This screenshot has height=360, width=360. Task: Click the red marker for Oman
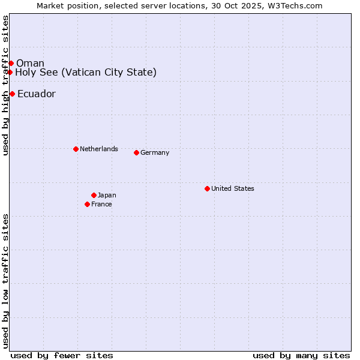(x=11, y=63)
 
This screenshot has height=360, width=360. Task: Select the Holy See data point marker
(x=10, y=72)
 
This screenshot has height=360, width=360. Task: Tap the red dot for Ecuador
(x=12, y=94)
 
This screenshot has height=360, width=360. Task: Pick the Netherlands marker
(x=76, y=149)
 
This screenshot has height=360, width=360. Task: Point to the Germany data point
(x=136, y=152)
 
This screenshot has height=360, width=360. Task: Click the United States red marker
(x=207, y=188)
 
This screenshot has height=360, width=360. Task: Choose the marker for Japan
(x=94, y=195)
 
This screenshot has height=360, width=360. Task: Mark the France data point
(x=87, y=204)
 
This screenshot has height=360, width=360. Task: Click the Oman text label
(x=30, y=64)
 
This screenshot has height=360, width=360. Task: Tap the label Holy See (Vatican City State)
(x=86, y=73)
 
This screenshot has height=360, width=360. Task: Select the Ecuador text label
(x=37, y=94)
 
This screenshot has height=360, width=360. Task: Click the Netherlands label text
(x=99, y=149)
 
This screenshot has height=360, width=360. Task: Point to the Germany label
(x=155, y=152)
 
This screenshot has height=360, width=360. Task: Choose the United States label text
(x=233, y=188)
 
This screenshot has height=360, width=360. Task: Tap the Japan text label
(x=107, y=195)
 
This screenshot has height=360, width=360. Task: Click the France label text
(x=101, y=204)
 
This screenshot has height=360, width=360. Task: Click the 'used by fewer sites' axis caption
(x=62, y=355)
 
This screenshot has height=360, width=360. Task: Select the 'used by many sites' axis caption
(x=301, y=355)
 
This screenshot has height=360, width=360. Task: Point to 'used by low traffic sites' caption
(x=5, y=281)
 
